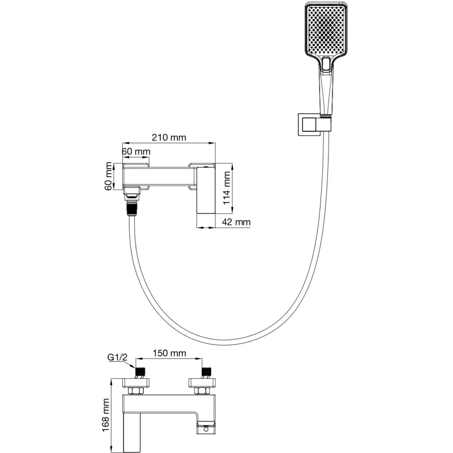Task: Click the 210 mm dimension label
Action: pos(168,138)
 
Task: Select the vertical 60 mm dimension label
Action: pos(109,177)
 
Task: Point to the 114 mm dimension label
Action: pos(227,188)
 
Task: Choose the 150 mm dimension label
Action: pos(169,353)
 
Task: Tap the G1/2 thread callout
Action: pos(117,357)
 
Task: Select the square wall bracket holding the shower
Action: pos(307,125)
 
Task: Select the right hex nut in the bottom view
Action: pos(201,391)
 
